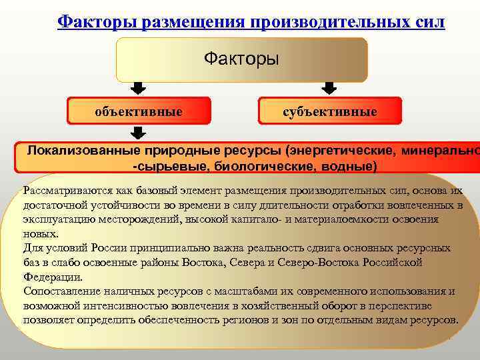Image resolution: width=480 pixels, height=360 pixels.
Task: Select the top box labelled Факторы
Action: click(x=241, y=59)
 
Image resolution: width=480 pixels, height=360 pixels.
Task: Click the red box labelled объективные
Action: click(x=139, y=111)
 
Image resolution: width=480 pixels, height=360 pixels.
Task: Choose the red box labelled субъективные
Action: click(x=329, y=111)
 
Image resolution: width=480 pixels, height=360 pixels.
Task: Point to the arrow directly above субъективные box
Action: click(x=329, y=88)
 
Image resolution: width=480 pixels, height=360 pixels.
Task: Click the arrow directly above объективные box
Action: click(x=139, y=88)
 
